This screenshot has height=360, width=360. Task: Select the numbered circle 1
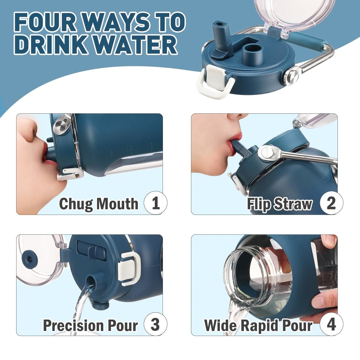(155, 203)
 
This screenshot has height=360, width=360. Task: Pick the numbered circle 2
(331, 203)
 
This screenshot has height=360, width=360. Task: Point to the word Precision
(73, 325)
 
